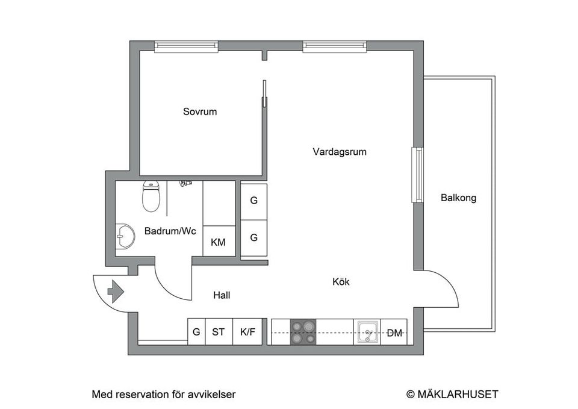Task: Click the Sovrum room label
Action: click(x=200, y=112)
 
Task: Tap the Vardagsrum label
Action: click(x=340, y=152)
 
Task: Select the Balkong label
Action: click(x=458, y=198)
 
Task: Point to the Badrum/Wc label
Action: click(x=170, y=231)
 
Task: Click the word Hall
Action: click(x=222, y=295)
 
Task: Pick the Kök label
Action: click(x=341, y=281)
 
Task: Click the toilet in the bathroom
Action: click(x=151, y=197)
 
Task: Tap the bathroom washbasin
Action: click(x=126, y=236)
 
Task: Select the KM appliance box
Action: click(x=218, y=242)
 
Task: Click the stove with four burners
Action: click(x=303, y=332)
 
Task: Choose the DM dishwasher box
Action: click(x=394, y=333)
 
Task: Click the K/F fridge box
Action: click(x=247, y=332)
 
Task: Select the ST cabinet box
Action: click(x=219, y=332)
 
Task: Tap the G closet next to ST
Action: click(x=196, y=332)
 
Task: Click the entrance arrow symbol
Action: click(x=115, y=293)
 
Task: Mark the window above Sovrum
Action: click(x=186, y=46)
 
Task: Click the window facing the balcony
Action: click(x=416, y=175)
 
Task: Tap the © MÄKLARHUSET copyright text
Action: click(x=452, y=395)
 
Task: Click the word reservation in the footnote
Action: click(x=136, y=395)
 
